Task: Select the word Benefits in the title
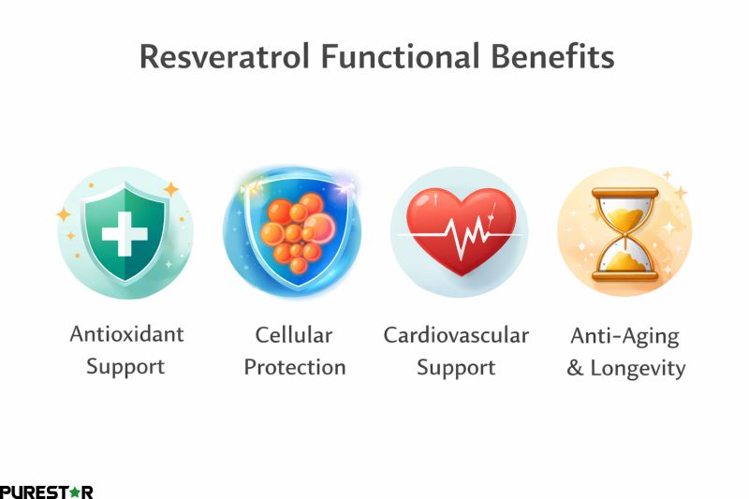552,56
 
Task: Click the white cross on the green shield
125,232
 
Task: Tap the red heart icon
459,229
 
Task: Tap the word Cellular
295,334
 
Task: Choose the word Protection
295,366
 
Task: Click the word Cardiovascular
456,334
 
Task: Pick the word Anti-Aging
625,334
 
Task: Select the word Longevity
639,368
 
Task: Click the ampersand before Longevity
575,367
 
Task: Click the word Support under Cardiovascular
456,366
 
